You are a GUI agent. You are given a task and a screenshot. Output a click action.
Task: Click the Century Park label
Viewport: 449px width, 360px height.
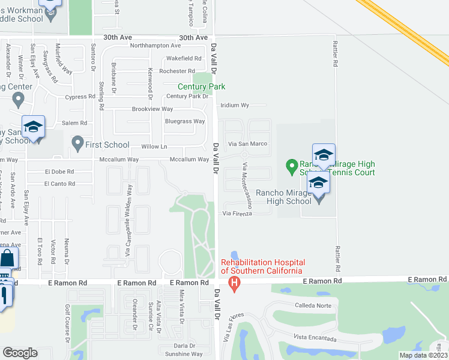tap(201, 86)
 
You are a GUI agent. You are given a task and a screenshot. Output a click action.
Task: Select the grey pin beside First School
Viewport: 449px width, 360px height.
tap(77, 143)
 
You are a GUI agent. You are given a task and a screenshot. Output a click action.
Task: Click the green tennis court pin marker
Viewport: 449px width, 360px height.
tap(291, 165)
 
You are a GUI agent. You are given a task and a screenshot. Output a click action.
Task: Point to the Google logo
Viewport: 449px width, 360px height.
tap(20, 353)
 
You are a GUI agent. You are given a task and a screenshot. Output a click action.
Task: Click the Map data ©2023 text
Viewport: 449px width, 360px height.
tap(423, 355)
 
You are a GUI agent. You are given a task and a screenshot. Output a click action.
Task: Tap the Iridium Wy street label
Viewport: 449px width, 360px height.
tap(235, 105)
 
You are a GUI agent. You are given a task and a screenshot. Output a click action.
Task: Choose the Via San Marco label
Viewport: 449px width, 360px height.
tap(247, 144)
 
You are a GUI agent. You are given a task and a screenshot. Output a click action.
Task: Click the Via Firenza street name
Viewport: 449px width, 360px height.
tap(238, 213)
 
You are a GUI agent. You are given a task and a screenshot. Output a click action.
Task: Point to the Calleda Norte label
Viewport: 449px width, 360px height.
tap(313, 305)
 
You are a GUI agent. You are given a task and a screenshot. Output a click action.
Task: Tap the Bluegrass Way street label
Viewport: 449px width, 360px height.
tap(185, 121)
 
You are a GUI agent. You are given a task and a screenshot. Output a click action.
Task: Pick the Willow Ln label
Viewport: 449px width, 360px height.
tap(154, 146)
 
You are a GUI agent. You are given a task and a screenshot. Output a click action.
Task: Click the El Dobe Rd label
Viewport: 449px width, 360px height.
tap(59, 171)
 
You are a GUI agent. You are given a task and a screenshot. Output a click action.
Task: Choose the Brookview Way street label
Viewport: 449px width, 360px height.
tap(152, 109)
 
